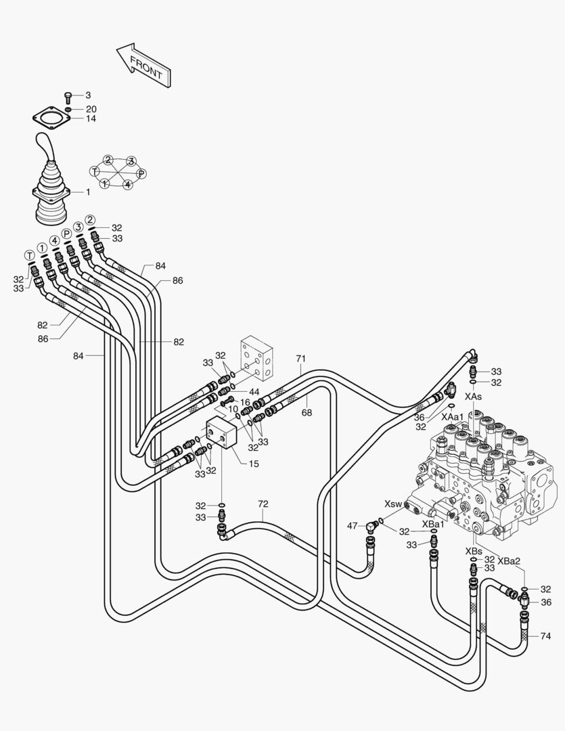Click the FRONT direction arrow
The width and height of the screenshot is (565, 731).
tap(143, 65)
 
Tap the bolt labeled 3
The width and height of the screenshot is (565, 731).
tap(68, 96)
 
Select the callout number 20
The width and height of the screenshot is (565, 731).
tap(91, 109)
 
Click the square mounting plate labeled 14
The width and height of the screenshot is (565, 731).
tap(51, 118)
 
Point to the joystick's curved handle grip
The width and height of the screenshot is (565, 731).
tap(45, 148)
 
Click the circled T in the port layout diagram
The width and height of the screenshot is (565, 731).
tap(95, 171)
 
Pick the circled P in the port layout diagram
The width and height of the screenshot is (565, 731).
tap(141, 173)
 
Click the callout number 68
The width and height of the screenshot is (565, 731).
tap(306, 412)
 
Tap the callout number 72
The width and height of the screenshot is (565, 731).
tap(264, 504)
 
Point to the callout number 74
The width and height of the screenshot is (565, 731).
tap(546, 636)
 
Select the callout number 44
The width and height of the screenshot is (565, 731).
tap(254, 392)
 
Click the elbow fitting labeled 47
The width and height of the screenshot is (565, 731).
tap(371, 526)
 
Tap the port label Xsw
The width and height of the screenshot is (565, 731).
tap(393, 504)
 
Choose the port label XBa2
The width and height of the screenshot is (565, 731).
tap(509, 560)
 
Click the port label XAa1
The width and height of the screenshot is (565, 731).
tap(453, 417)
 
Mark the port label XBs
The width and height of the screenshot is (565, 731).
tap(474, 552)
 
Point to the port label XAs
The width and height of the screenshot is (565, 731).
tap(474, 396)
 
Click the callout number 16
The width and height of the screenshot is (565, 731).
tap(245, 402)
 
